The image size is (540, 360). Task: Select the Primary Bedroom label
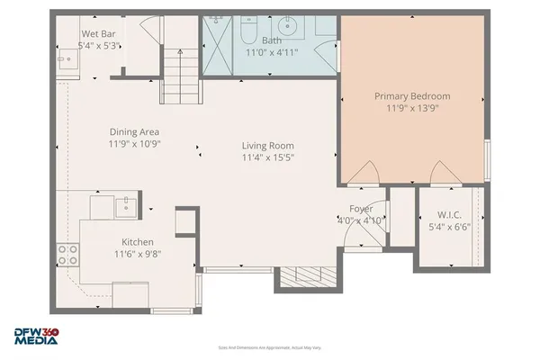(x=412, y=96)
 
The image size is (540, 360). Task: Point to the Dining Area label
(x=135, y=131)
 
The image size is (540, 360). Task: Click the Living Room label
(x=267, y=146)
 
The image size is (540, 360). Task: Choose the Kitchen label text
(x=138, y=242)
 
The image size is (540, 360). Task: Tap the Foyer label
(x=361, y=209)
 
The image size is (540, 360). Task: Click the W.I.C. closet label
(x=449, y=214)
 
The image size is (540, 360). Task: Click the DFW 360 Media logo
(x=34, y=335)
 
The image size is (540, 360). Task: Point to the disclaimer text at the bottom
(x=270, y=346)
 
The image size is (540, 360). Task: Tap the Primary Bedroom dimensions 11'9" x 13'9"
(x=412, y=109)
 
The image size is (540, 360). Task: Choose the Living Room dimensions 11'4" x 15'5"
(x=267, y=158)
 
